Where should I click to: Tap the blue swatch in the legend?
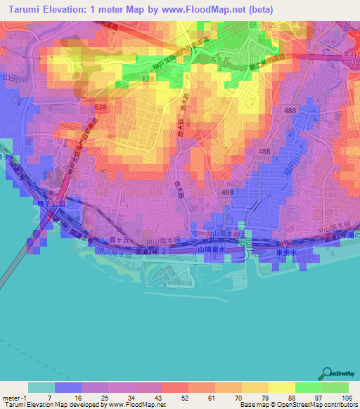(x=68, y=387)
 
